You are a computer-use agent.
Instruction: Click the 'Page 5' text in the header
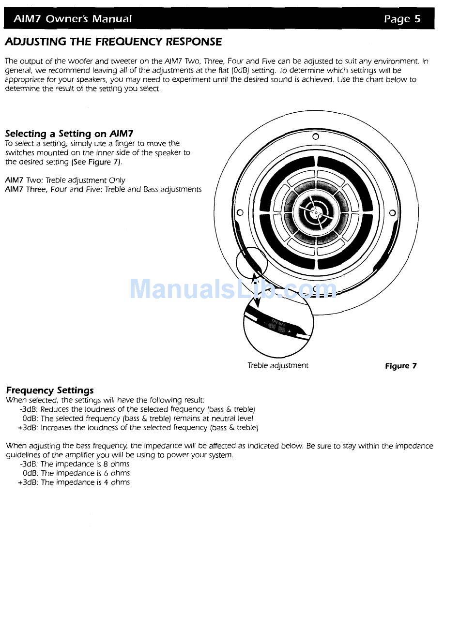coord(402,19)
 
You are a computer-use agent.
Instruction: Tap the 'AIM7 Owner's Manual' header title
coord(73,19)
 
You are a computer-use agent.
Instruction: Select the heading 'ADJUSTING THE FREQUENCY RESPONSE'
coord(113,42)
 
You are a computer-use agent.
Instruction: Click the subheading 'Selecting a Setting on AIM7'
coord(69,134)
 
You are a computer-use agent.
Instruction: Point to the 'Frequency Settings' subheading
coord(50,390)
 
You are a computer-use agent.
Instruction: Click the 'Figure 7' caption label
coord(400,366)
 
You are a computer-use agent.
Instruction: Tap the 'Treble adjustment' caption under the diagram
coord(277,365)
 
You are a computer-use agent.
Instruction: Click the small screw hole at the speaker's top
coord(316,136)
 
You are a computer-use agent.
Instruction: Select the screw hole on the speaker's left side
coord(239,212)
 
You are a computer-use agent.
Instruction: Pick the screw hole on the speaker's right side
coord(392,212)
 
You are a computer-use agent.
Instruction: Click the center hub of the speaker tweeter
coord(316,212)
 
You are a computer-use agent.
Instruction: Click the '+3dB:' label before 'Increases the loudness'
coord(28,428)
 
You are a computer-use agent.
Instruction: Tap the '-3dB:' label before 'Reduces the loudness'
coord(29,409)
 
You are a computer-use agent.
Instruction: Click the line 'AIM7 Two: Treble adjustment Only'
coord(65,180)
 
